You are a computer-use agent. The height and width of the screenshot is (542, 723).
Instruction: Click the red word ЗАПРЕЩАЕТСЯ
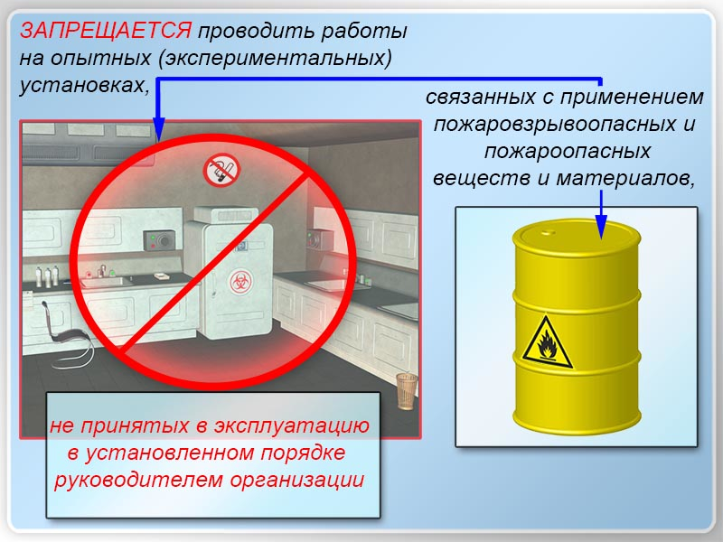pyautogui.click(x=106, y=32)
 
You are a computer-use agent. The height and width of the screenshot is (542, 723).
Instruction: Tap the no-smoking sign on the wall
pyautogui.click(x=221, y=170)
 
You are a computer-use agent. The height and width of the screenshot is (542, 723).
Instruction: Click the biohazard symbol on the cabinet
pyautogui.click(x=240, y=282)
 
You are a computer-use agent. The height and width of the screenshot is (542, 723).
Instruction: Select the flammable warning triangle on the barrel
pyautogui.click(x=548, y=342)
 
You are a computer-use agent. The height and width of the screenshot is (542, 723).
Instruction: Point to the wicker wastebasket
pyautogui.click(x=407, y=391)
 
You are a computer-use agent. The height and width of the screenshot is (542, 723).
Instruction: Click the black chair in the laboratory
pyautogui.click(x=69, y=334)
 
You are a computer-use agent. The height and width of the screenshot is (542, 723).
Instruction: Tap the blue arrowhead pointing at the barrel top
pyautogui.click(x=601, y=226)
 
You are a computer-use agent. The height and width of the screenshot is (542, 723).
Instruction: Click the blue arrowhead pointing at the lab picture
pyautogui.click(x=159, y=129)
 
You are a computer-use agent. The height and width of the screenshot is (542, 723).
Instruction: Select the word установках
pyautogui.click(x=84, y=86)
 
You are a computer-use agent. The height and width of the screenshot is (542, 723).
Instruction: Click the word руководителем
pyautogui.click(x=138, y=481)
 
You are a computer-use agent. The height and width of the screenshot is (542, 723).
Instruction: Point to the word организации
pyautogui.click(x=297, y=481)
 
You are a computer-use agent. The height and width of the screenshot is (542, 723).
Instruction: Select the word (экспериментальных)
pyautogui.click(x=276, y=59)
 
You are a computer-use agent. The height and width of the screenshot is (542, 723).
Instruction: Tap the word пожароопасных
pyautogui.click(x=567, y=152)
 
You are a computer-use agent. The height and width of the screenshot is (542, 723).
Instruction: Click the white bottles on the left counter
pyautogui.click(x=47, y=276)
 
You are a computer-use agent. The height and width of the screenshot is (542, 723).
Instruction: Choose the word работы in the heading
pyautogui.click(x=364, y=32)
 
